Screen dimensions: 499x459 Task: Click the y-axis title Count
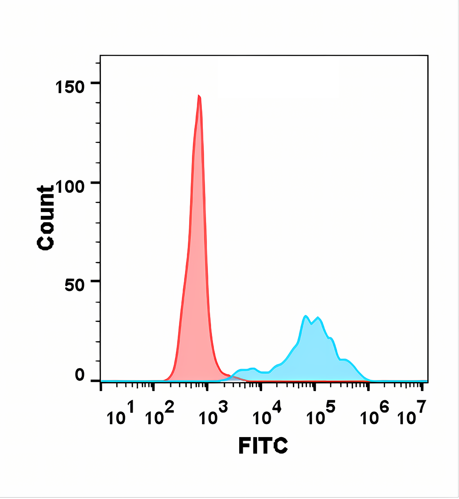pos(46,218)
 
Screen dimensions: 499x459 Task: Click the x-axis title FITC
pos(263,445)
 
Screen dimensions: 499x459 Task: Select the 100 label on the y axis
pos(70,185)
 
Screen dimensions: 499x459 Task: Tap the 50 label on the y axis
pos(75,284)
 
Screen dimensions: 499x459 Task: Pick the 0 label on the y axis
pos(80,376)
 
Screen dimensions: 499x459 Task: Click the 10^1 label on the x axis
pos(120,415)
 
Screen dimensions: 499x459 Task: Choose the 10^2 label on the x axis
pos(159,415)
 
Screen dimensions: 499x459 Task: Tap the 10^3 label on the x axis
pos(213,415)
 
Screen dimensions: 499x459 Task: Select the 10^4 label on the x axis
pos(266,415)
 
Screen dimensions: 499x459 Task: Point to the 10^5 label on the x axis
pos(319,415)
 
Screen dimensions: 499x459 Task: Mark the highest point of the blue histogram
pos(306,316)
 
